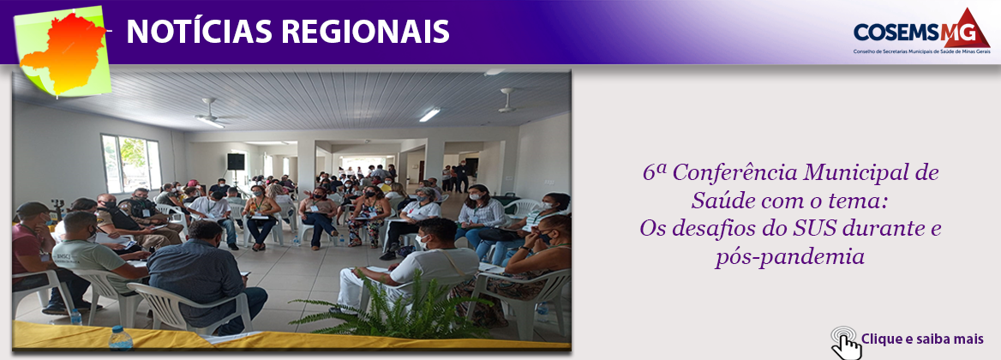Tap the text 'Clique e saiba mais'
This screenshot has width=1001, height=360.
pyautogui.click(x=922, y=339)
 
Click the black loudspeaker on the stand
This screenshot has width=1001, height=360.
pyautogui.click(x=236, y=161)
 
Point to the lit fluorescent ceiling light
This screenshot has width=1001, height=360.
pyautogui.click(x=429, y=114)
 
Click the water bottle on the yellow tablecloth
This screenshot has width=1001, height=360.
pyautogui.click(x=120, y=337)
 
